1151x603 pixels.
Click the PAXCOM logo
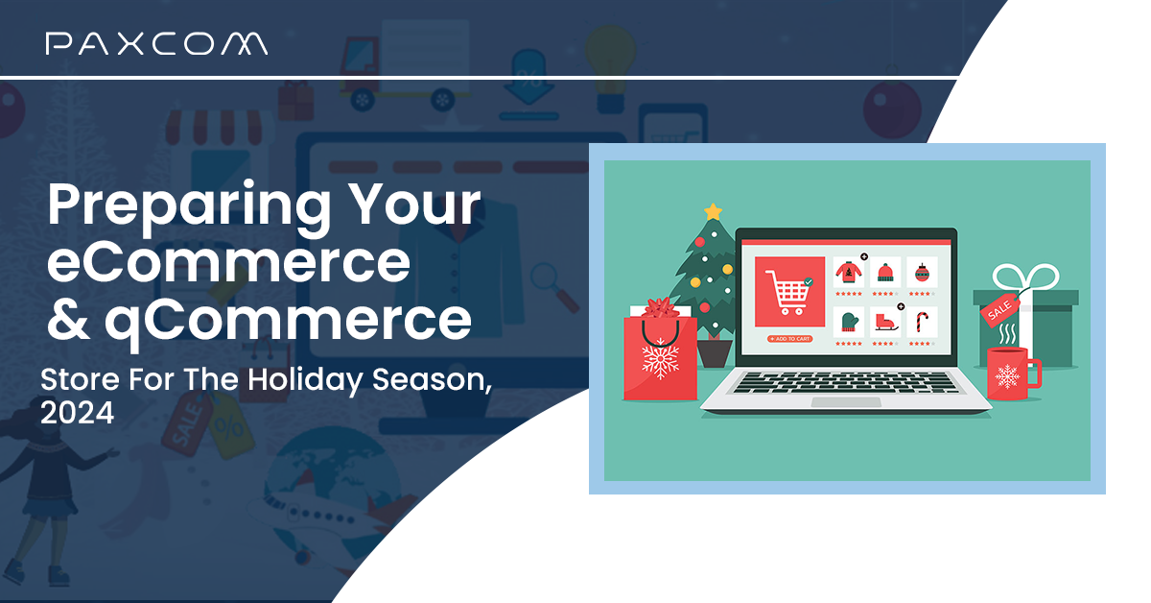pos(156,43)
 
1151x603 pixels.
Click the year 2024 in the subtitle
pos(77,413)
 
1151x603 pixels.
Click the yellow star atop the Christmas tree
pos(712,210)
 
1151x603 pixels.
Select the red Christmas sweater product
pos(848,272)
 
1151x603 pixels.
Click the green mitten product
pos(848,322)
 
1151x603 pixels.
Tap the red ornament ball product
pos(922,272)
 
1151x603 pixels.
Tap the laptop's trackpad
pos(845,402)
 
